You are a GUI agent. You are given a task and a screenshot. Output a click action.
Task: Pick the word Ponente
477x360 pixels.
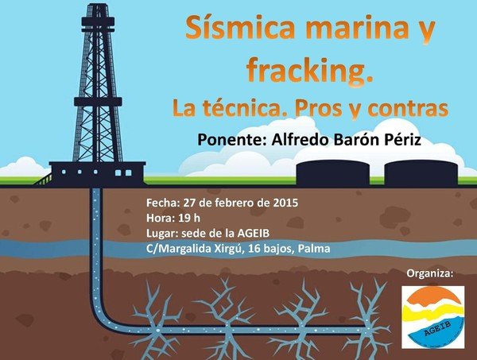pos(232,140)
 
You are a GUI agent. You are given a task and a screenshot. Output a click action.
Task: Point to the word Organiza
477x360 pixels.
pos(430,273)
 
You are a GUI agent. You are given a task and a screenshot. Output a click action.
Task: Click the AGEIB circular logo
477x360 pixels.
pos(433,317)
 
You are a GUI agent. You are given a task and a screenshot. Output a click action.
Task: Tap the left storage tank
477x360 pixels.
pos(333,172)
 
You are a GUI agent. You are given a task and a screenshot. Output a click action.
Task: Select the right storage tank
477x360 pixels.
pos(421,172)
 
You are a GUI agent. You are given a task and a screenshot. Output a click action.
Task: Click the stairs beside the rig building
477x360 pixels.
pos(43,180)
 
